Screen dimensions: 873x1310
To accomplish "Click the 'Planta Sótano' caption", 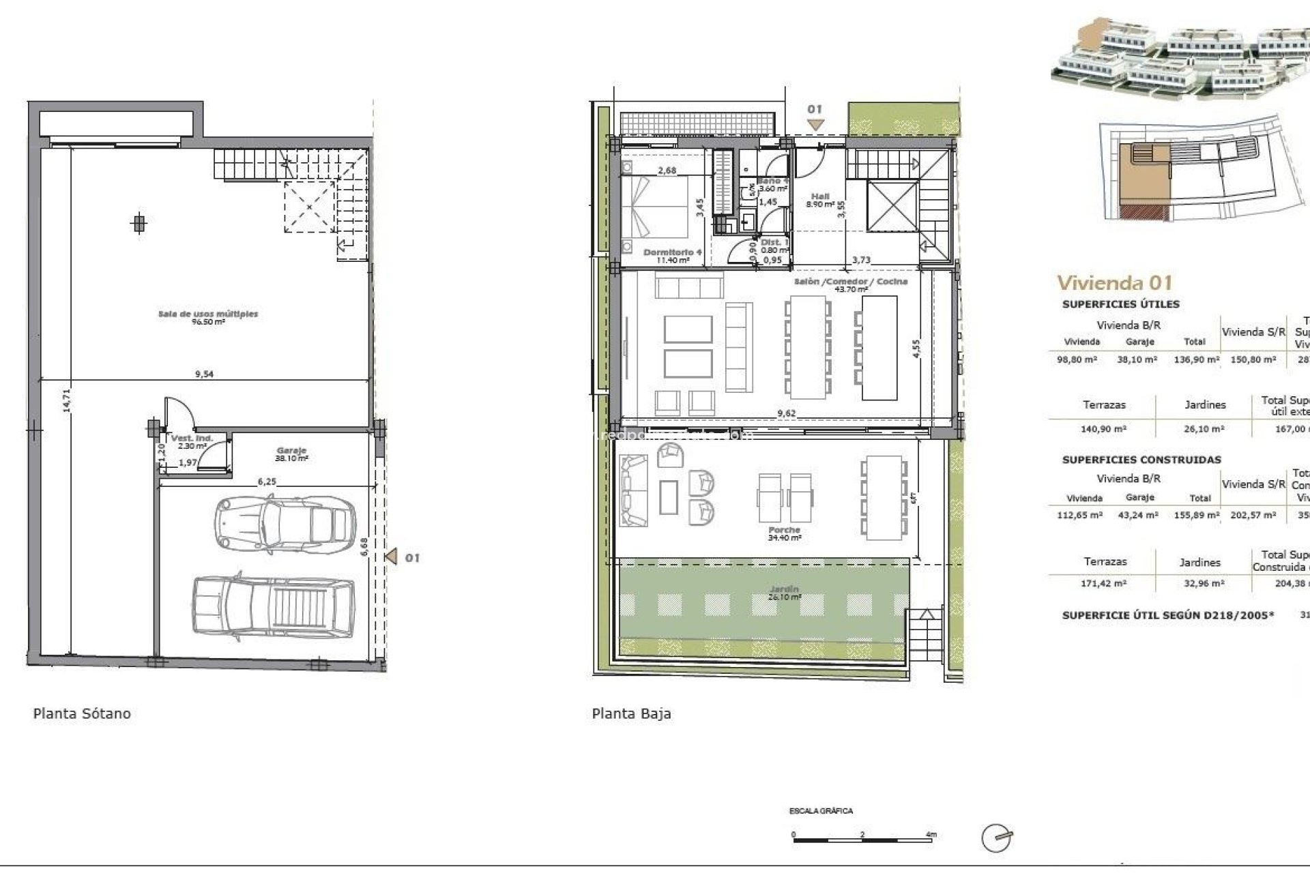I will point(82,713).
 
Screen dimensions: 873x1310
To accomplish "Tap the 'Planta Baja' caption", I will point(631,713).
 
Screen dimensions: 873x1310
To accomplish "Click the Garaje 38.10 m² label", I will point(291,454).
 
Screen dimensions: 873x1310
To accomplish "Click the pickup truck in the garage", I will point(274,608).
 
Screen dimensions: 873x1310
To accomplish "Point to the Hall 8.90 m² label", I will point(820,200).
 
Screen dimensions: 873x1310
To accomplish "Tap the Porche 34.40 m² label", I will point(784,533).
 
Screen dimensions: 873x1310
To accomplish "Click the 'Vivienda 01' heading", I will point(1114,282).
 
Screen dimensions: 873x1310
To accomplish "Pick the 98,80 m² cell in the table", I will point(1077,359).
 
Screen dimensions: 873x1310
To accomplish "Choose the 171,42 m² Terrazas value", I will point(1105,583).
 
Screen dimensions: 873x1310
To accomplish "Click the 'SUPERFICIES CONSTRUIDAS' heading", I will point(1141,460).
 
